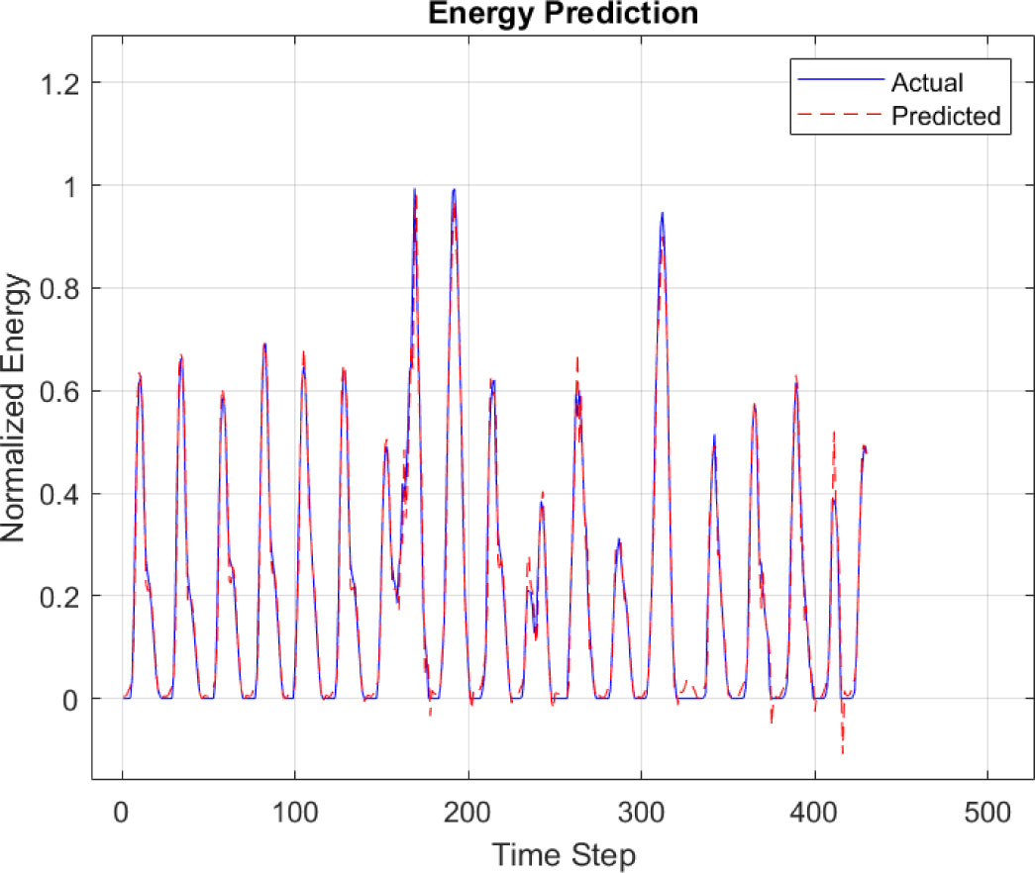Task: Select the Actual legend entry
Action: (x=926, y=81)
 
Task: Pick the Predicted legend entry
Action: (x=945, y=116)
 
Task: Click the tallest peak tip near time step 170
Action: (x=415, y=189)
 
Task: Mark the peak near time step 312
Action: (x=662, y=213)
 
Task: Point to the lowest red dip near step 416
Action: (x=842, y=753)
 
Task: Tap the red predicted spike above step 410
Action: (x=834, y=433)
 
